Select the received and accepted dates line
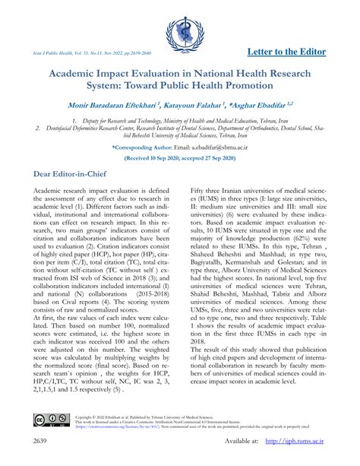pos(180,158)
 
